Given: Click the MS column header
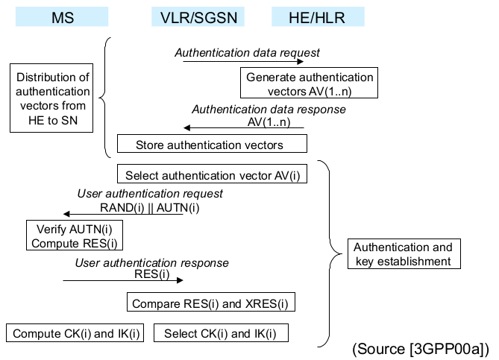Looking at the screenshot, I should [x=62, y=17].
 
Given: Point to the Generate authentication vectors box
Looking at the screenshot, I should [x=310, y=84].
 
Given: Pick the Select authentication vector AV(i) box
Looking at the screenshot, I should [x=212, y=176].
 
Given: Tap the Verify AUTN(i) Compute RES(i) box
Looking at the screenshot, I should [x=75, y=236].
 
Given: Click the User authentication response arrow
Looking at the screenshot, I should [x=122, y=282].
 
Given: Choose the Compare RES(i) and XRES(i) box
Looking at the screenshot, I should [x=211, y=303].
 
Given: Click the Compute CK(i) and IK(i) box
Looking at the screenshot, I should [x=76, y=333].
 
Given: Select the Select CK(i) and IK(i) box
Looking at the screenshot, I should [x=221, y=333].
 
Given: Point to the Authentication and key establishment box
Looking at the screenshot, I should [x=403, y=254].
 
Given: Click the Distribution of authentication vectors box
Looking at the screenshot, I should [x=52, y=98].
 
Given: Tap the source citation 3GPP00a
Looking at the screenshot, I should [x=420, y=349].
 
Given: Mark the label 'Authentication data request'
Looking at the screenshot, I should [x=247, y=53].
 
